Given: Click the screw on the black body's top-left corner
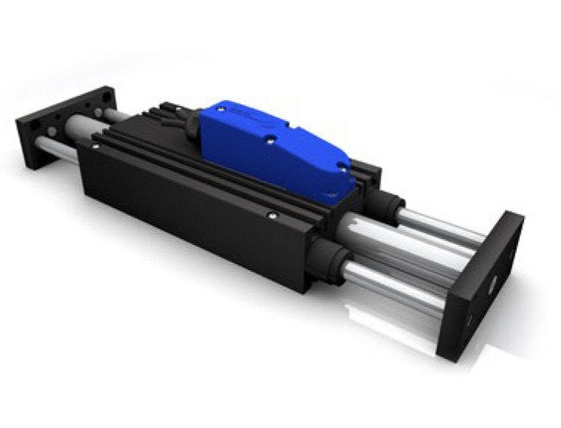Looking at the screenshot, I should click(x=96, y=148).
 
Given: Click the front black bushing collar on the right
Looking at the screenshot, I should click(x=328, y=256).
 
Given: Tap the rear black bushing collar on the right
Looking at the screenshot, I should click(x=389, y=207).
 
